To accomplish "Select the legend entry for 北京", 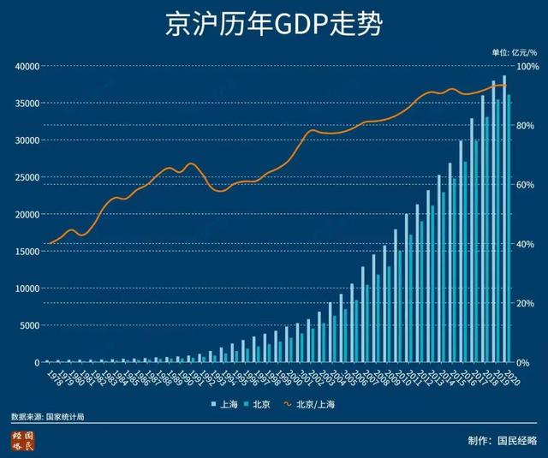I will coord(260,402).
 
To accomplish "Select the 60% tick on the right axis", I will coord(525,185).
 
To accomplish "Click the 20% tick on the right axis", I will coord(525,304).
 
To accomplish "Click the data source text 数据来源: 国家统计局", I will coord(48,417).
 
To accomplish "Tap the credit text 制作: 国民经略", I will coord(503,441).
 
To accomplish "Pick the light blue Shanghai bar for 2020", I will coord(504,219).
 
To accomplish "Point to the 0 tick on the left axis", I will coord(35,363).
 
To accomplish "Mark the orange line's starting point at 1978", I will coord(48,244).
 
